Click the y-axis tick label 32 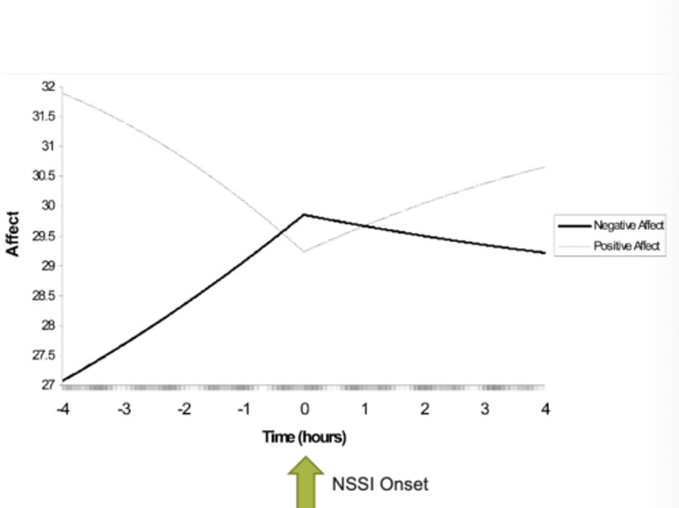[48, 87]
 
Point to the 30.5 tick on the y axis [43, 176]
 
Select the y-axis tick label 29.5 [43, 236]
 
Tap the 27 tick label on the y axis [48, 385]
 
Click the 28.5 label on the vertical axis [43, 296]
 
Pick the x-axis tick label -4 [63, 409]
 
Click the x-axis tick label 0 [305, 409]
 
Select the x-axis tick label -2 [184, 409]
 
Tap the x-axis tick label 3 [485, 409]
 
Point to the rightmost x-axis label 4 [546, 409]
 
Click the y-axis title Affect [13, 234]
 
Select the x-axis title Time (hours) [304, 437]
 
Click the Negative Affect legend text [629, 225]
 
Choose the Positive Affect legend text [627, 246]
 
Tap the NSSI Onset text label [380, 484]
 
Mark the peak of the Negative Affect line [304, 215]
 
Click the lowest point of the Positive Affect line [304, 251]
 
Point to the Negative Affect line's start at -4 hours [63, 380]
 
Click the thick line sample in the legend [574, 226]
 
